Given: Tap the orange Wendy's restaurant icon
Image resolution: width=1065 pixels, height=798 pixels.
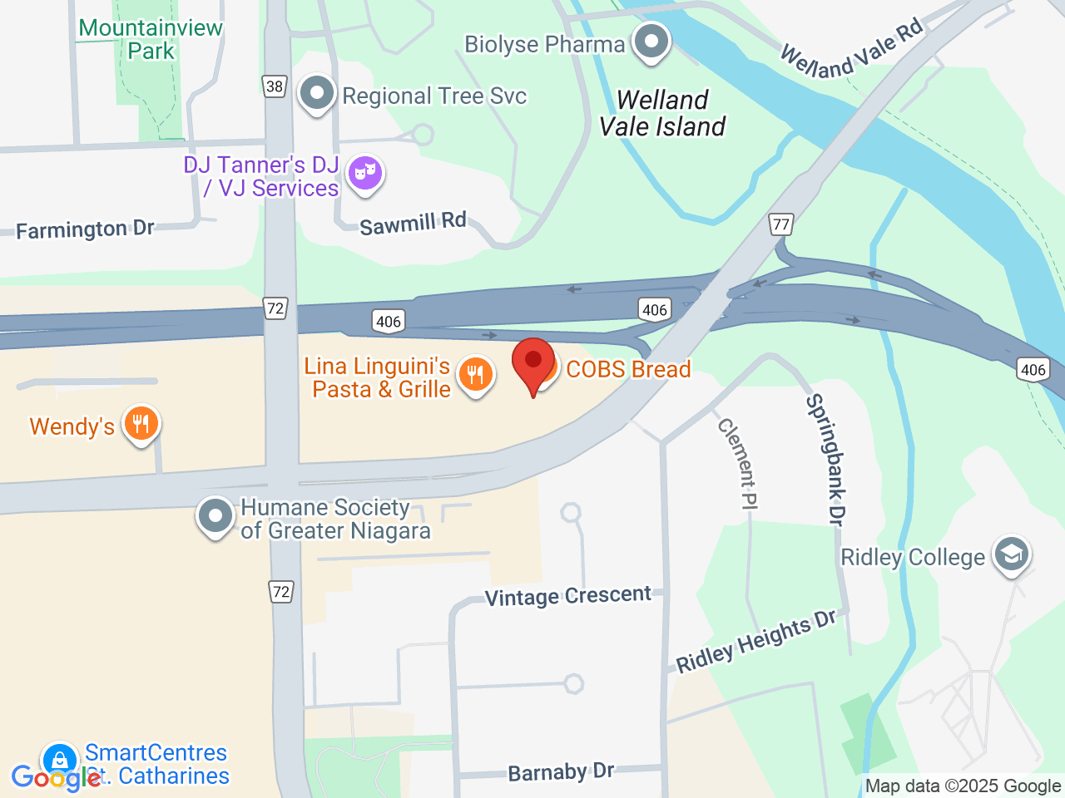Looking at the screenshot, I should (x=141, y=424).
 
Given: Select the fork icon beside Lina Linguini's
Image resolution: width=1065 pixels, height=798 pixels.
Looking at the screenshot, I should (x=475, y=375).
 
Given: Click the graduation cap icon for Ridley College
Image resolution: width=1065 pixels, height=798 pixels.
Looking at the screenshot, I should (x=1012, y=554).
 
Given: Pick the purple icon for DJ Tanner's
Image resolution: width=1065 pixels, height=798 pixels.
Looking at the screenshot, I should (x=365, y=173).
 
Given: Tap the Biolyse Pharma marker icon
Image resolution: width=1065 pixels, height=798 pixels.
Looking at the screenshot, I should (x=651, y=42).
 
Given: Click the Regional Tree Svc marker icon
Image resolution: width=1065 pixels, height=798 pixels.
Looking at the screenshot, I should (x=316, y=94).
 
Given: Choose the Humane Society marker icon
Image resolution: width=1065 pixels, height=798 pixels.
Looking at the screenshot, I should (x=215, y=516).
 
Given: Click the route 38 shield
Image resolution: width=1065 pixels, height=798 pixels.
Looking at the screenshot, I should (x=275, y=86).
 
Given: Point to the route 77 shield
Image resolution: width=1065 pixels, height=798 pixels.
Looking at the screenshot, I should (x=780, y=224).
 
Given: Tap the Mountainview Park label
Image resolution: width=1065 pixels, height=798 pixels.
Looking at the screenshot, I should (x=151, y=39).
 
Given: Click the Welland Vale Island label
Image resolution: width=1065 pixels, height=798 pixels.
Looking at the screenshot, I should (x=662, y=113).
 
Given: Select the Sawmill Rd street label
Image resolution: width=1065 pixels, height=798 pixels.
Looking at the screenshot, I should (x=413, y=224).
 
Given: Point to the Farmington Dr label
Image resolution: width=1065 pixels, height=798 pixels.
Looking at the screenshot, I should (x=86, y=229).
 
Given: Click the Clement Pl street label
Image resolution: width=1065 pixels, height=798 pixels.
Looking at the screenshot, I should (x=738, y=463).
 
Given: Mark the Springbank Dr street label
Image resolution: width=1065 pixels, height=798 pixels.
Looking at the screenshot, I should (x=825, y=459).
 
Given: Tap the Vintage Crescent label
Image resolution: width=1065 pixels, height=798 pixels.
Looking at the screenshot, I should (x=568, y=596).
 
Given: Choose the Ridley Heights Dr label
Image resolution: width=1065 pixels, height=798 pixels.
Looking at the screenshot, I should (x=755, y=641).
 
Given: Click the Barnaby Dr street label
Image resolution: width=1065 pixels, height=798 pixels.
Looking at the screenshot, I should (x=561, y=772).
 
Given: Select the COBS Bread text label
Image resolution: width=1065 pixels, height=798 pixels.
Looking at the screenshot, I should (x=628, y=369).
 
